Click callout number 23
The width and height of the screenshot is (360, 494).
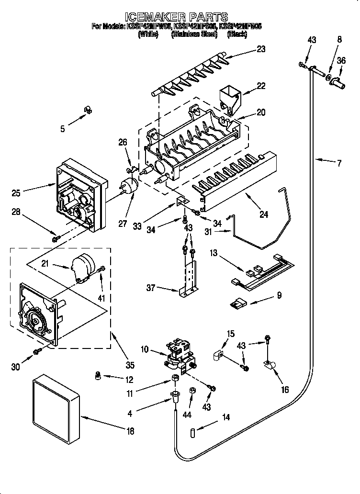[x=261, y=48]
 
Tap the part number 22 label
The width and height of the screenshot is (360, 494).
[x=260, y=86]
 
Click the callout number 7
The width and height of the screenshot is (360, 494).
[x=339, y=163]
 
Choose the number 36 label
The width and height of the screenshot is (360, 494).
[x=341, y=60]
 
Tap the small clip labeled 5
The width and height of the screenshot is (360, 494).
[x=86, y=110]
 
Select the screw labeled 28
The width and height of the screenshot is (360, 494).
[x=56, y=237]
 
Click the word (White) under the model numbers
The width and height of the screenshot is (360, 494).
[x=148, y=34]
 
